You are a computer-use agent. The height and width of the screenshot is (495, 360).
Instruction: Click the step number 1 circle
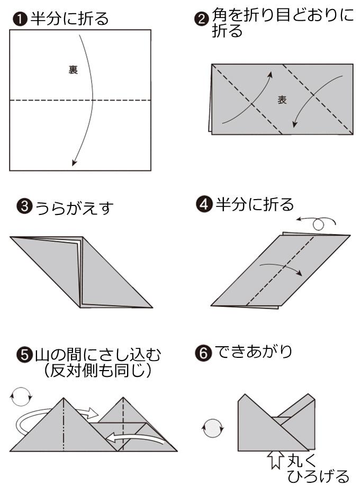tap(20, 19)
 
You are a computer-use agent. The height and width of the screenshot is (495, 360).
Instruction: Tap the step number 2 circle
tap(202, 20)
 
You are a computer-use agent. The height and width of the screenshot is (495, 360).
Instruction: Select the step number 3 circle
tap(24, 206)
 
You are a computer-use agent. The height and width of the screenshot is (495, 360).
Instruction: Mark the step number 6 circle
tap(204, 353)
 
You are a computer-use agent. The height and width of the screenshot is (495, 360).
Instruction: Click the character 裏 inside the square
tap(73, 70)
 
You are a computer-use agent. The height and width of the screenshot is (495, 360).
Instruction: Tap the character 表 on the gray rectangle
tap(282, 100)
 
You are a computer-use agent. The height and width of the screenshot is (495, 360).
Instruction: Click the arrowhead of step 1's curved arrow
tap(74, 162)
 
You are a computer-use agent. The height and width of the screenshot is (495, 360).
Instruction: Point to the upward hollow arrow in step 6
tap(275, 459)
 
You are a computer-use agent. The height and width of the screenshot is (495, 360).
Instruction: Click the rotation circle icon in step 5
tap(21, 396)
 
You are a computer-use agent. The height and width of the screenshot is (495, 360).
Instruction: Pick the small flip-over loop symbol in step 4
tap(319, 223)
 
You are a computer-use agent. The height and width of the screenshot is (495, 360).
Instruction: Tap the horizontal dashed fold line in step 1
tap(80, 100)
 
